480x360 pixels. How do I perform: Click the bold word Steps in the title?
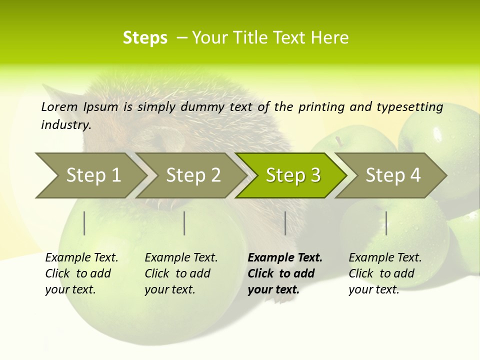[145, 37]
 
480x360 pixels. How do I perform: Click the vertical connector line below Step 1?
[84, 223]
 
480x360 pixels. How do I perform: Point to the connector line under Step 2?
[184, 223]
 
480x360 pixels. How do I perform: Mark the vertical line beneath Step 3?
[285, 223]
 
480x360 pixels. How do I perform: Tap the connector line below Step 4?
[386, 223]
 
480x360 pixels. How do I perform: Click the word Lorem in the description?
[59, 106]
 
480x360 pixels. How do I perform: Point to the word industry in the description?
[66, 124]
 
